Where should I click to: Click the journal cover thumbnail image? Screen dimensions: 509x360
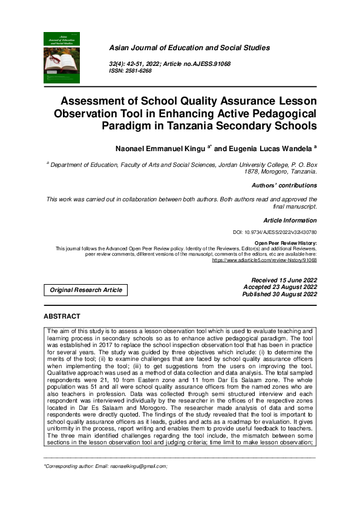click(62, 57)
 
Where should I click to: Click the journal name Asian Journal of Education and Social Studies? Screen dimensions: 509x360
click(189, 48)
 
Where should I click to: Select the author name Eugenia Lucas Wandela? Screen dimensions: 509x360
click(267, 147)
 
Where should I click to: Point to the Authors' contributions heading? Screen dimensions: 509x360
click(284, 186)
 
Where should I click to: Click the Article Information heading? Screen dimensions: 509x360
click(290, 221)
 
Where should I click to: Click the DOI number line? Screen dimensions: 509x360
click(275, 232)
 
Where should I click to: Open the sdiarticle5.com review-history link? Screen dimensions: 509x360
click(264, 259)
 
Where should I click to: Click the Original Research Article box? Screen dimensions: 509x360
click(86, 290)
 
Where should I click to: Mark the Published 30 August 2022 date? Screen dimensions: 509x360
click(279, 294)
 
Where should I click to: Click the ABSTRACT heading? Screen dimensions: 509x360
click(62, 316)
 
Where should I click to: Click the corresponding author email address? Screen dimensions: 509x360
click(137, 467)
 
